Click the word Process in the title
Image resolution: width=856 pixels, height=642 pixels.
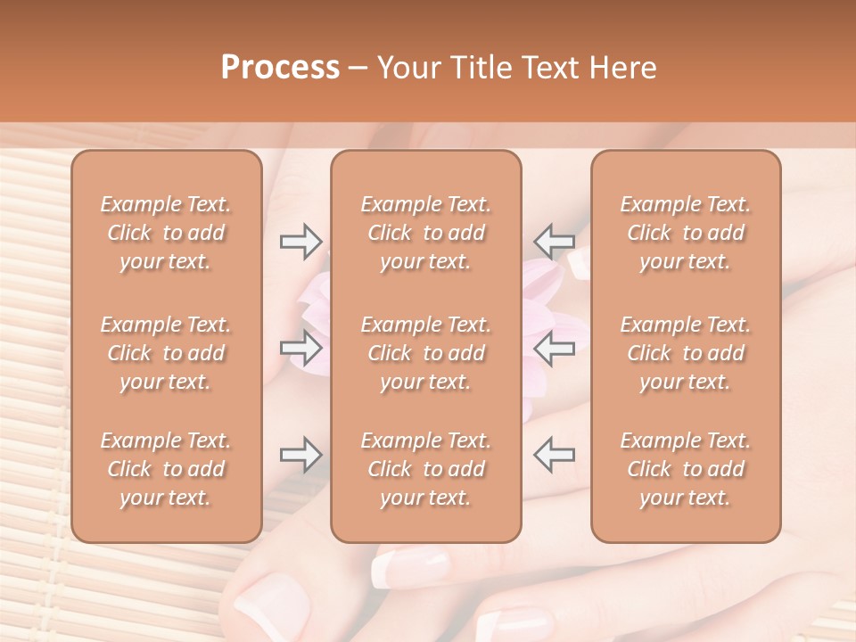280,68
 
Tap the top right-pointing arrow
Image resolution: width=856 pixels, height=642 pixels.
300,241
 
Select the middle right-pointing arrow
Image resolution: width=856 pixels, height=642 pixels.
300,348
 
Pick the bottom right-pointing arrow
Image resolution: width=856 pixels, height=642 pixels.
300,455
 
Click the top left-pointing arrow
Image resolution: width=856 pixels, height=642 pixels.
554,241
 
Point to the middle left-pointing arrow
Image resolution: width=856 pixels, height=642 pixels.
554,348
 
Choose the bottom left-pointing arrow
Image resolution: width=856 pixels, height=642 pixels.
554,455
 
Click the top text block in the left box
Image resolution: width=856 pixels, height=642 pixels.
166,233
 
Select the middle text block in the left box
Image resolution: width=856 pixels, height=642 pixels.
166,353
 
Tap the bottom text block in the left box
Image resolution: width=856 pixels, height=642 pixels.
166,469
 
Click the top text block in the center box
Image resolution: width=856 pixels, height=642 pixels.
426,233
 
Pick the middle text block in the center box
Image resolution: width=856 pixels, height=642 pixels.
426,353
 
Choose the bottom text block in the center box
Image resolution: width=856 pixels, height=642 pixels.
426,469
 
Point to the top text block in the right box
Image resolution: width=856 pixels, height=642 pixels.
686,233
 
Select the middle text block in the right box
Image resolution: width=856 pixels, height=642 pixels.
686,353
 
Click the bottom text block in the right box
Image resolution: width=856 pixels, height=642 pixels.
686,469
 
